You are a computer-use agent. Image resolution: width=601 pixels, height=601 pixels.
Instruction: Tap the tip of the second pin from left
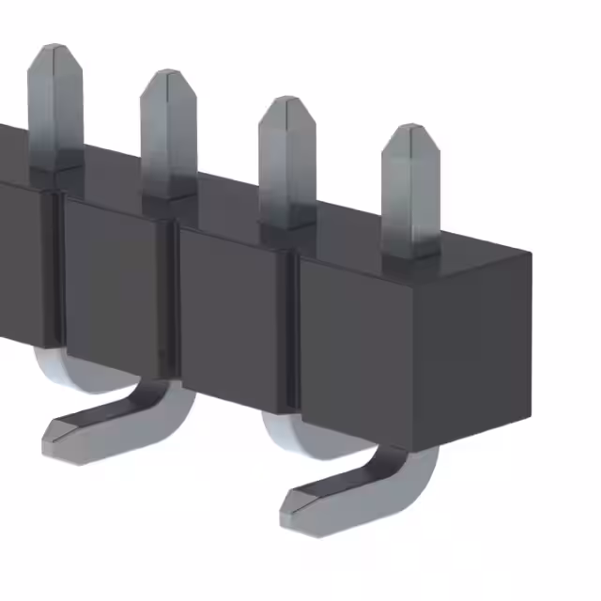(169, 74)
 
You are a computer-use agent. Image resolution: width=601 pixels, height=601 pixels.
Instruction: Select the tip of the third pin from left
(286, 100)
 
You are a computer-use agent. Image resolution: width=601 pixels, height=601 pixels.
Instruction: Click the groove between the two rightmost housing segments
(294, 329)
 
